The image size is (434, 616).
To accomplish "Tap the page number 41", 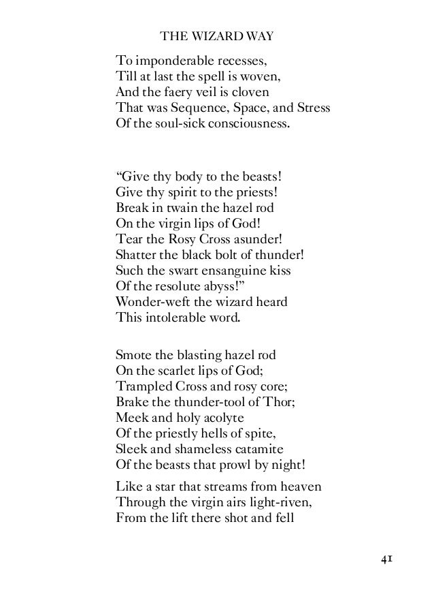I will [x=387, y=559].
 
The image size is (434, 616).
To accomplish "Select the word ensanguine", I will [x=233, y=273].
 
